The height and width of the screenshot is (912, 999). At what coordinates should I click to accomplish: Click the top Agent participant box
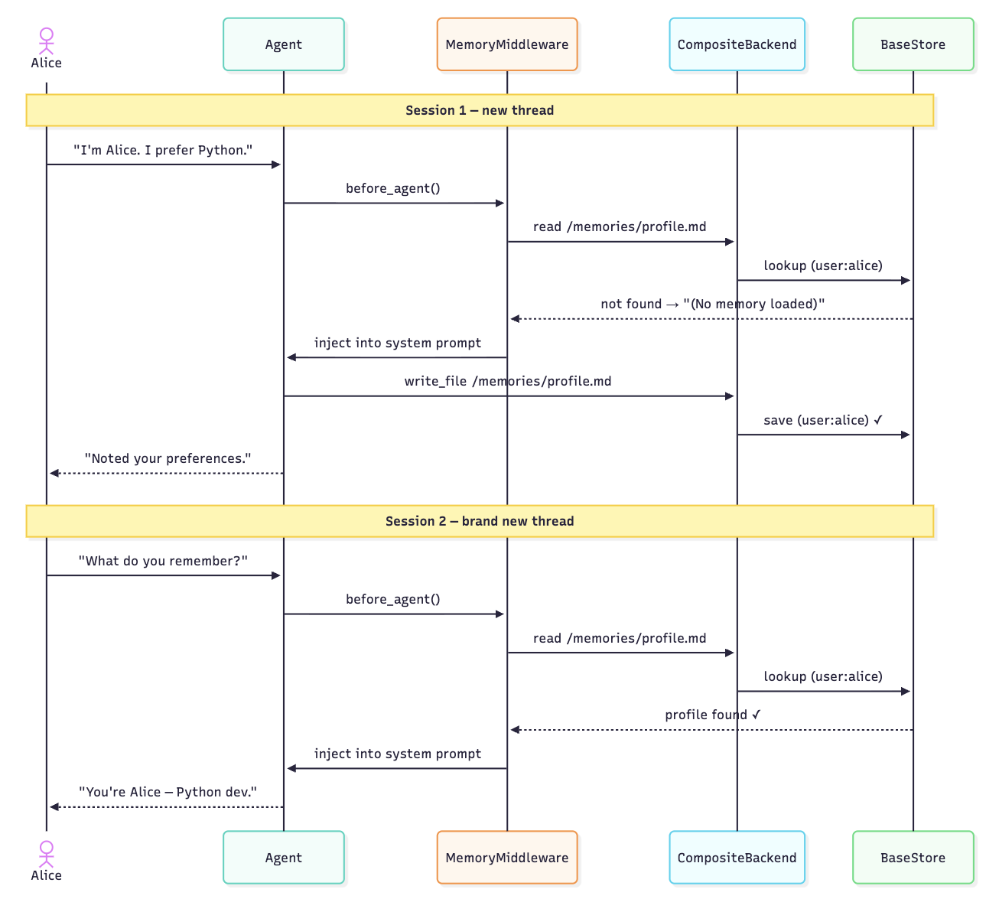[x=283, y=44]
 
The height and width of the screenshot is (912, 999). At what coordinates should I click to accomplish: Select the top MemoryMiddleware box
[x=507, y=44]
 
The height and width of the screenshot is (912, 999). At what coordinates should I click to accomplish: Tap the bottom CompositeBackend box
[x=737, y=857]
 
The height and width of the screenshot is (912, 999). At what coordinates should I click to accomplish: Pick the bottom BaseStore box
[x=913, y=857]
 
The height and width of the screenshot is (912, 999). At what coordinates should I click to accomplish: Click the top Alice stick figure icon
[x=47, y=41]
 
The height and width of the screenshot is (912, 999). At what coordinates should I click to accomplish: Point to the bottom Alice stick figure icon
[x=47, y=854]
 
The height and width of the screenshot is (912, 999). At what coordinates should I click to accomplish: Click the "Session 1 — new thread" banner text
[x=480, y=110]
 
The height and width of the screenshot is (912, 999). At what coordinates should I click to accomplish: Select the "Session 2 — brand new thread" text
[x=480, y=521]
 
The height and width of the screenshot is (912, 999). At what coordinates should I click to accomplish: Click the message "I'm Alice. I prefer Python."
[x=163, y=150]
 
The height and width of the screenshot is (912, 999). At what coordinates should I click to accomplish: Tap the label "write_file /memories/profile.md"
[x=507, y=381]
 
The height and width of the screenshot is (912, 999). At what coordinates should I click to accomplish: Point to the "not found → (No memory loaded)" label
[x=712, y=304]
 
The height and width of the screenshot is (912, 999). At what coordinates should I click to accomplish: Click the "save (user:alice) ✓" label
[x=823, y=420]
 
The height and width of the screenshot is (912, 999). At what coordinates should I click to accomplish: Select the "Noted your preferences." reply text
[x=168, y=458]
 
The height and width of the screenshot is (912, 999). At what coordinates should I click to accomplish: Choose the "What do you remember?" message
[x=163, y=561]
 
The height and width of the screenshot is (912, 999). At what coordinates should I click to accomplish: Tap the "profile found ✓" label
[x=712, y=715]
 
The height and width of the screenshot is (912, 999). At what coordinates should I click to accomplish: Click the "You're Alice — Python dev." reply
[x=168, y=792]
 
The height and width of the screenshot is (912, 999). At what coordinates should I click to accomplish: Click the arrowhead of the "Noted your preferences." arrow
[x=54, y=473]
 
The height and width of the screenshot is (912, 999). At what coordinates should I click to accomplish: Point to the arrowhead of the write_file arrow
[x=730, y=396]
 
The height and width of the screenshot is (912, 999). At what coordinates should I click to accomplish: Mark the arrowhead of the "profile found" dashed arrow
[x=515, y=730]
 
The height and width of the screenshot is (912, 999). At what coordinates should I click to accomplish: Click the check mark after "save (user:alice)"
[x=877, y=420]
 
